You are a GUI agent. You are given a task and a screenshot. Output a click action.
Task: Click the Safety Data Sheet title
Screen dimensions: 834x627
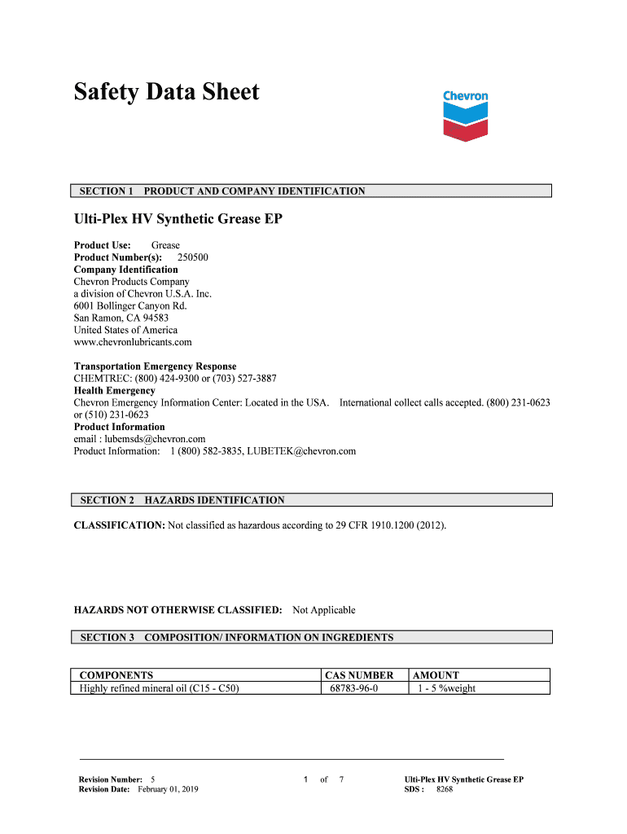click(166, 92)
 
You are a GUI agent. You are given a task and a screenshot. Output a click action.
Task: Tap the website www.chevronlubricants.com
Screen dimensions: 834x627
click(133, 342)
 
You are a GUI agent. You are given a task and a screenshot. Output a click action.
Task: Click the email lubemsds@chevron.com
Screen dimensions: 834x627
click(156, 439)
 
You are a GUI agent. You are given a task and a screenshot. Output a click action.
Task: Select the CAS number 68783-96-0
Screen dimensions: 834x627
click(353, 688)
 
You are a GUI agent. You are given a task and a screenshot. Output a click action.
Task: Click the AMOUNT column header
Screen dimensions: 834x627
click(436, 675)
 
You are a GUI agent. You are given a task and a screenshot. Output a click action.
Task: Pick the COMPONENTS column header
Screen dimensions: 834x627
click(116, 675)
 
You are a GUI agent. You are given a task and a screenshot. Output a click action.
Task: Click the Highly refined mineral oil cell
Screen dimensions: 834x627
click(160, 688)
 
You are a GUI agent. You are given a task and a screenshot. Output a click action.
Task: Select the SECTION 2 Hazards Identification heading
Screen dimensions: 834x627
click(182, 500)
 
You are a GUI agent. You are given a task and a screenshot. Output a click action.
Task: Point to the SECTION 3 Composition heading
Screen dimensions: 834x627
click(237, 638)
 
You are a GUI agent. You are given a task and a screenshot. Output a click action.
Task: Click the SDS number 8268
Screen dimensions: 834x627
click(445, 789)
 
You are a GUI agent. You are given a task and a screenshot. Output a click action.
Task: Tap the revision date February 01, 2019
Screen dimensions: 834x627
click(168, 789)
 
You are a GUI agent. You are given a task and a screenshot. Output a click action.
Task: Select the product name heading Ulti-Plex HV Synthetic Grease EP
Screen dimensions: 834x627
click(178, 219)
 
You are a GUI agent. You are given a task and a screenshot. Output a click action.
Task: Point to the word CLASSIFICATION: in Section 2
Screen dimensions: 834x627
click(120, 525)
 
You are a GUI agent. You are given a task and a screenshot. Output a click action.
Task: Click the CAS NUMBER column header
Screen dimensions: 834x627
click(359, 675)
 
